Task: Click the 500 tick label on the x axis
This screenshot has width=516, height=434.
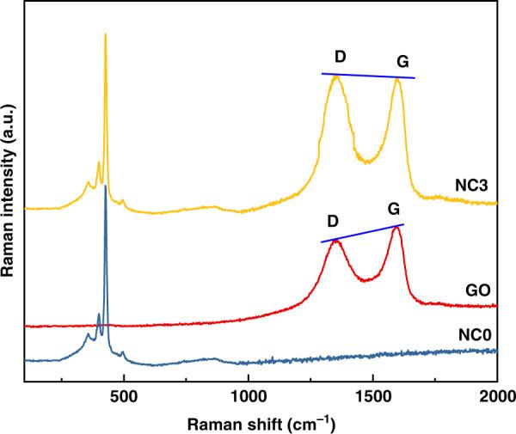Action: point(124,399)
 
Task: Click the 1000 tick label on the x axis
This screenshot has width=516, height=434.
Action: point(248,399)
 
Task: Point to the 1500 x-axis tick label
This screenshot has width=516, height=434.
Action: point(372,399)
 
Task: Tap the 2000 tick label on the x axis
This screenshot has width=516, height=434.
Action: point(496,399)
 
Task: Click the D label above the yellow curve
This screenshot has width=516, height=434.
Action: point(340,57)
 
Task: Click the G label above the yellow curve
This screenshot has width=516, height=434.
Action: point(402,62)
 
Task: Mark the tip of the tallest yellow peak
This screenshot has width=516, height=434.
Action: point(105,34)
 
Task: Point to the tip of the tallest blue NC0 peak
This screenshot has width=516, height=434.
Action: point(105,186)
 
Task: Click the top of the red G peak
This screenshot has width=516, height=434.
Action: point(396,228)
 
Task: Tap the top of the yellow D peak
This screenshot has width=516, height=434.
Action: point(335,76)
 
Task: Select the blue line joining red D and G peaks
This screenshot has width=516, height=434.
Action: point(362,233)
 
